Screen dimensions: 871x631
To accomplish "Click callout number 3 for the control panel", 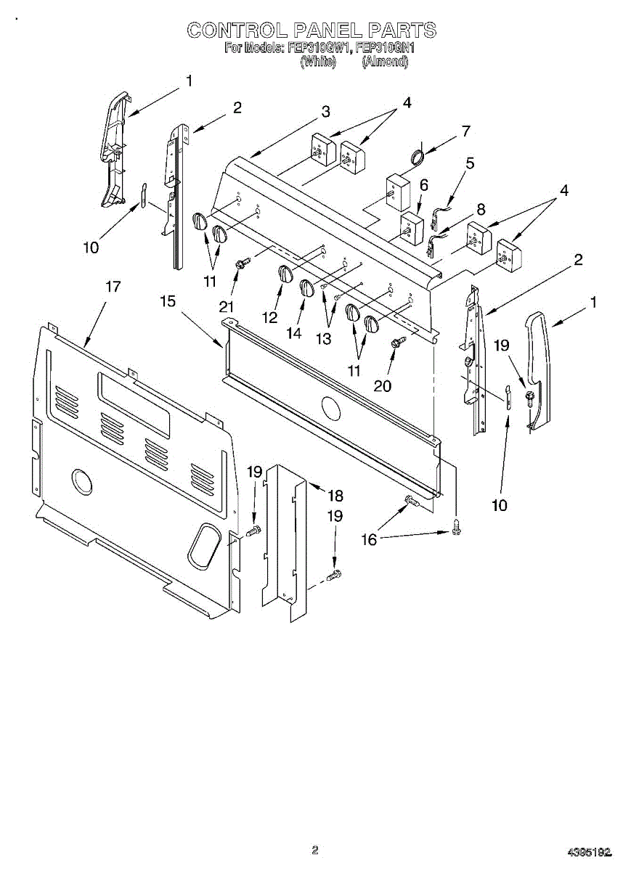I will (x=325, y=112).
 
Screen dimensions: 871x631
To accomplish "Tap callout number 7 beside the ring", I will (x=465, y=131).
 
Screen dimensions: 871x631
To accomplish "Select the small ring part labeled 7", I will (x=418, y=155).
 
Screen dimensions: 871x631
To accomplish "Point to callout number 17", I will (x=113, y=287).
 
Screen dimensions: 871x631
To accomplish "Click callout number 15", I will (x=168, y=300).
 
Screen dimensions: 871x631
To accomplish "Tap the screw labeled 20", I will (x=397, y=343).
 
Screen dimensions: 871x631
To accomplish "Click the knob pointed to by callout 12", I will (x=285, y=275).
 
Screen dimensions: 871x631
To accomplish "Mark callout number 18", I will (x=335, y=496).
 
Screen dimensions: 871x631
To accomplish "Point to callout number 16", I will (x=370, y=539).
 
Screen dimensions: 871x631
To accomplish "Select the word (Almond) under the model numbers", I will (x=385, y=62).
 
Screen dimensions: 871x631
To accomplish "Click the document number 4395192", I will (x=590, y=850).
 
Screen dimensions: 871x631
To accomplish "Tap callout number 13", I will (x=322, y=338).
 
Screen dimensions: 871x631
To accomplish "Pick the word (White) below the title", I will (x=318, y=62).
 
